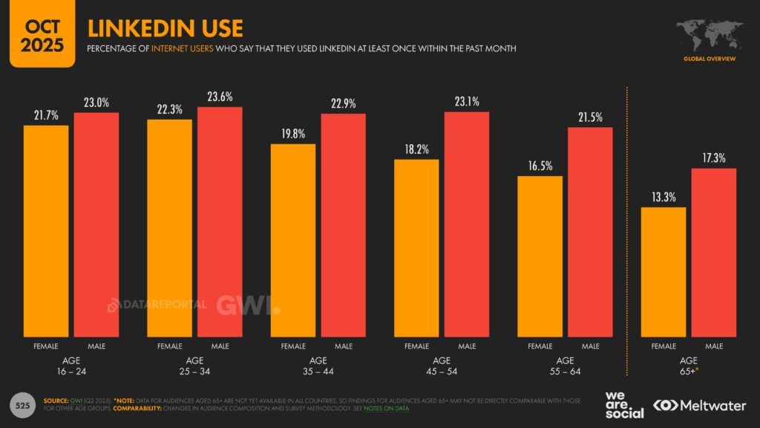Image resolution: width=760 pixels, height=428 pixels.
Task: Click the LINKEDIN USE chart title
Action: pyautogui.click(x=165, y=28)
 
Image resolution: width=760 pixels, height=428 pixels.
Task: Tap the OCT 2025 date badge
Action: pyautogui.click(x=36, y=34)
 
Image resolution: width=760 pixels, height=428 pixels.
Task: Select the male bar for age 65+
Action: pyautogui.click(x=713, y=252)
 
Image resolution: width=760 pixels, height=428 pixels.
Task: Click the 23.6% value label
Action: pyautogui.click(x=220, y=96)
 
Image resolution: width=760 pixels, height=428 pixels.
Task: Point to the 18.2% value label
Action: pyautogui.click(x=416, y=149)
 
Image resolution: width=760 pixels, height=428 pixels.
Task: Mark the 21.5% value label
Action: pyautogui.click(x=590, y=117)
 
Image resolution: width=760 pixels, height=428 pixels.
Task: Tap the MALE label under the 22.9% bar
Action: pyautogui.click(x=343, y=346)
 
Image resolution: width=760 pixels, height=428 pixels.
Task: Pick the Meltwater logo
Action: pyautogui.click(x=699, y=405)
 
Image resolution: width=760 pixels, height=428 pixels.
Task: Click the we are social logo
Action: pyautogui.click(x=624, y=405)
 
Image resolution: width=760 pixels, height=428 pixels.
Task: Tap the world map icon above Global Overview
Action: pyautogui.click(x=710, y=34)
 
